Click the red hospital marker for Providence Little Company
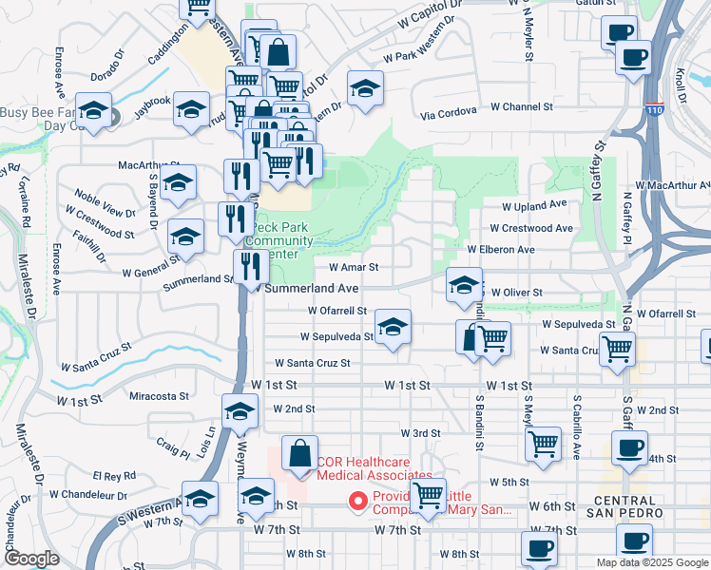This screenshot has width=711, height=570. (358, 501)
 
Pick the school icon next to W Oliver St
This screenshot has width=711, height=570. (464, 285)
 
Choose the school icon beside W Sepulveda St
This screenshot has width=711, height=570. (393, 328)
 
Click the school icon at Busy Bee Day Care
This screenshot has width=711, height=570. (94, 110)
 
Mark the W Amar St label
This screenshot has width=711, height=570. (354, 268)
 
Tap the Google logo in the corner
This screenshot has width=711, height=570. (31, 560)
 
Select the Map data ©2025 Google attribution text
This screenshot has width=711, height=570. (651, 562)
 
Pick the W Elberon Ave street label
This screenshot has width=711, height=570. (500, 250)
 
